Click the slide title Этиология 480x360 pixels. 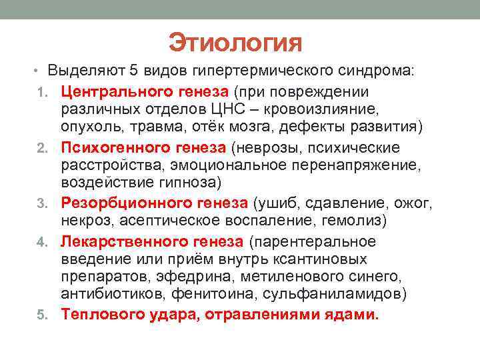click(x=236, y=43)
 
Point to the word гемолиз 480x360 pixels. click(x=352, y=221)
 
